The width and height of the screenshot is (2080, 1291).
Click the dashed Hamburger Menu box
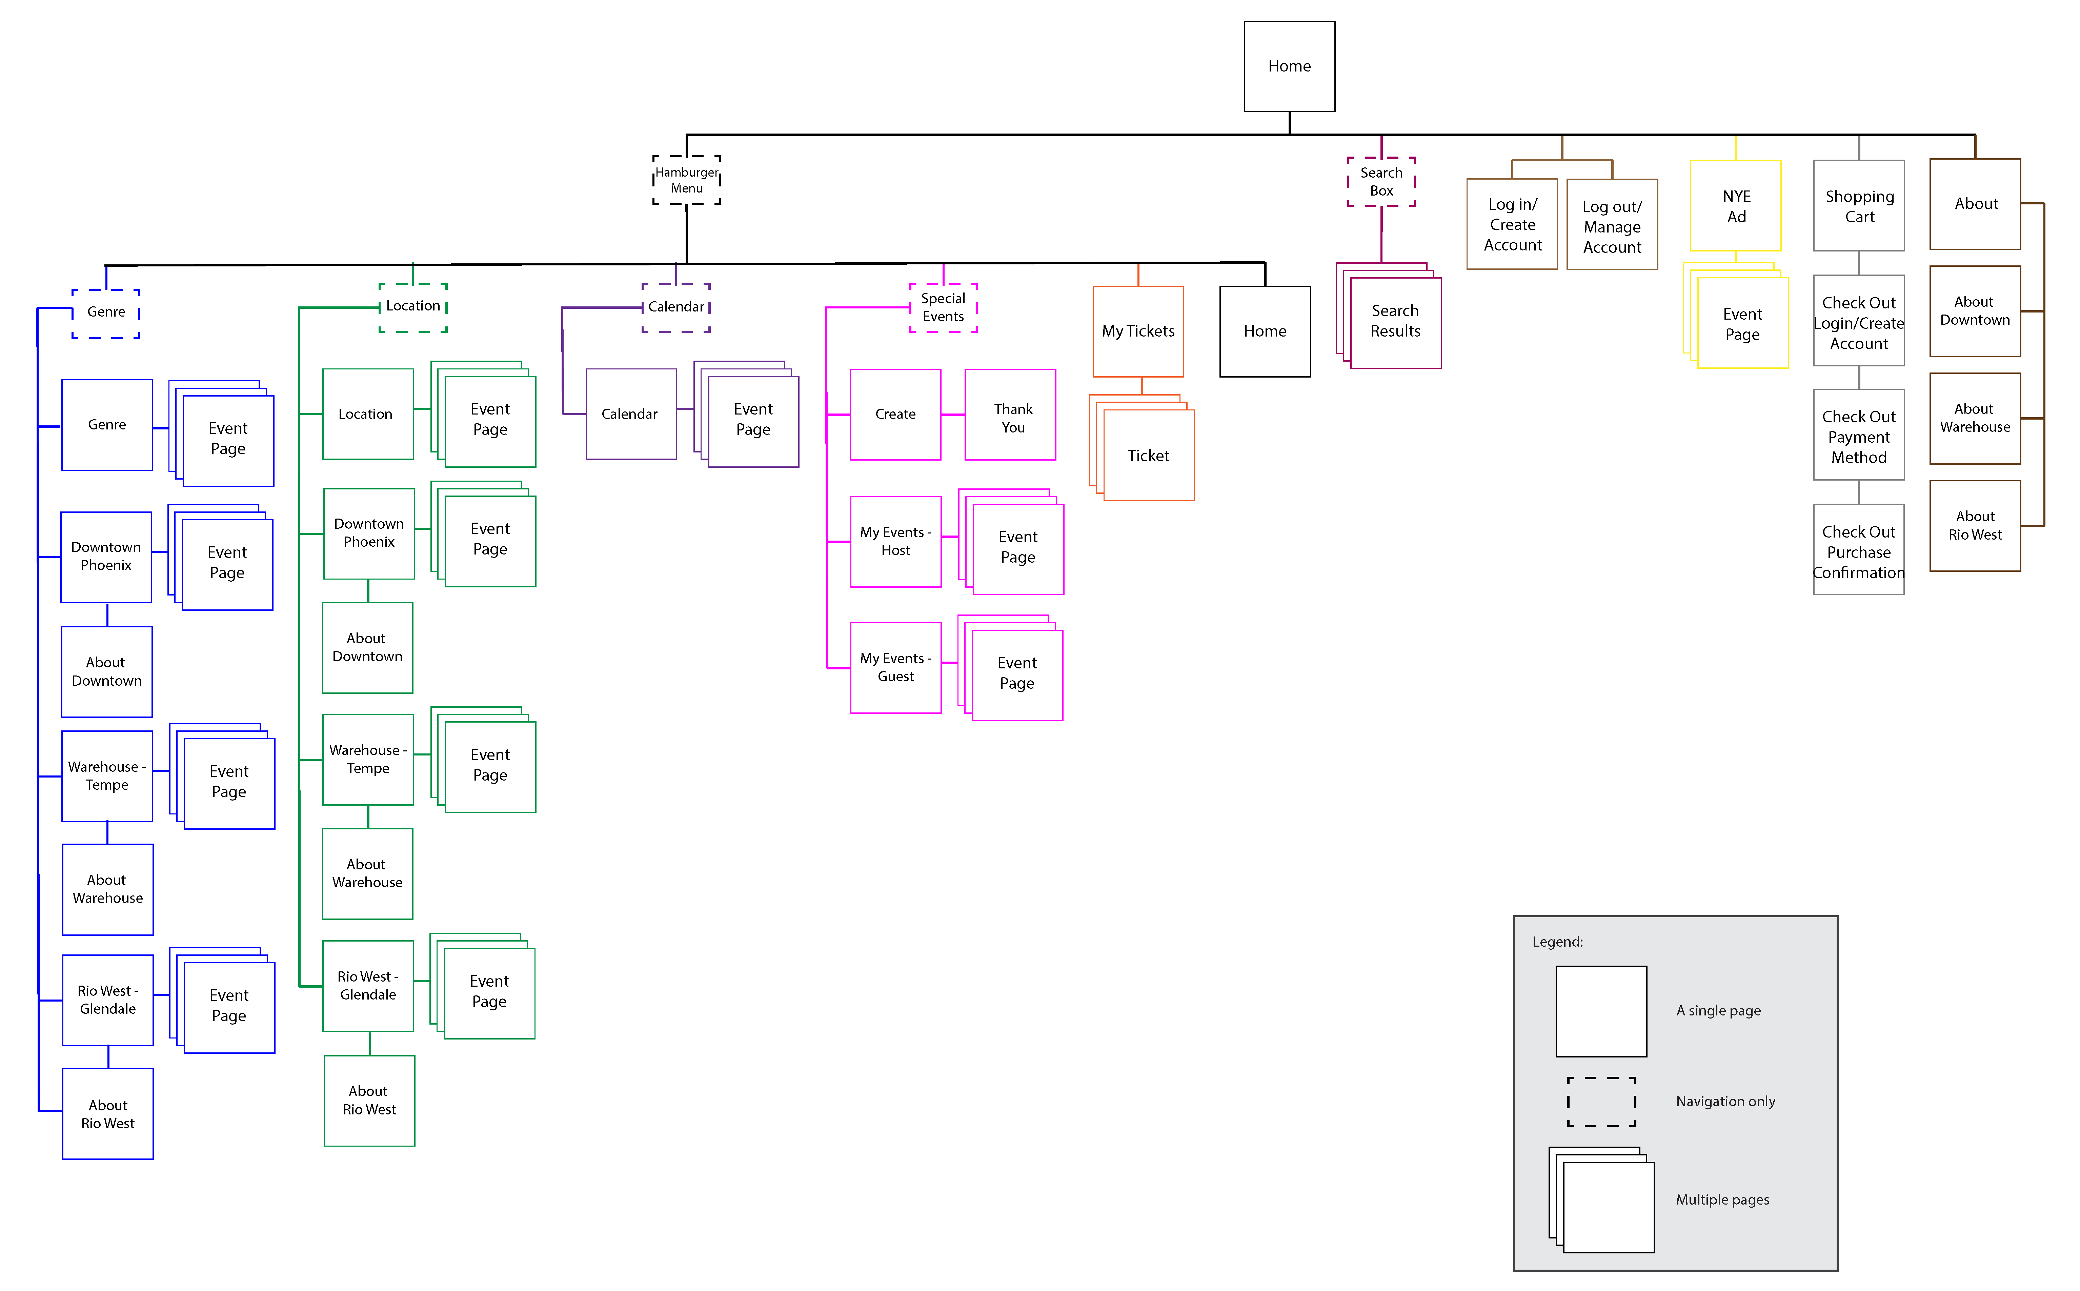click(687, 180)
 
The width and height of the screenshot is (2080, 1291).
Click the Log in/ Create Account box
click(1512, 225)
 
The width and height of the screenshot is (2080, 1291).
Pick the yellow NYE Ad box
click(1736, 206)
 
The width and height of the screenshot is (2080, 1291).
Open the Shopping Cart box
click(1859, 206)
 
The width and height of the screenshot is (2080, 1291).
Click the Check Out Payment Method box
click(1859, 436)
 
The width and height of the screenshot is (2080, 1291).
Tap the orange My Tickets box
click(1138, 331)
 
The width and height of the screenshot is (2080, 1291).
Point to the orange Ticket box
click(1148, 456)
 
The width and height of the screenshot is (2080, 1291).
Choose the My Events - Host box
click(896, 541)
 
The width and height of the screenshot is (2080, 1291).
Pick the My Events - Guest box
click(896, 668)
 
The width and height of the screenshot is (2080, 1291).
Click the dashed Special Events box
click(943, 307)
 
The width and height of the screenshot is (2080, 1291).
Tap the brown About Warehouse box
click(1975, 418)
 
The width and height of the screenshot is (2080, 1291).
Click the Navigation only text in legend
click(1725, 1102)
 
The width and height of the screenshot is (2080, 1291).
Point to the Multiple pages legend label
click(1722, 1199)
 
